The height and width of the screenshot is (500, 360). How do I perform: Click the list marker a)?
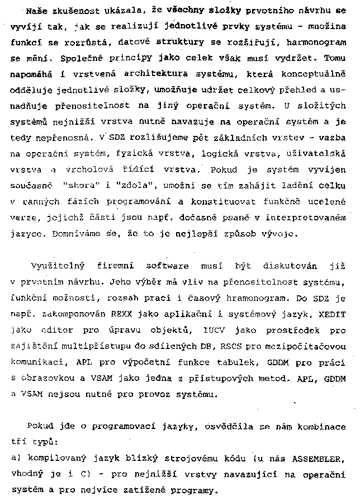(x=15, y=457)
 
